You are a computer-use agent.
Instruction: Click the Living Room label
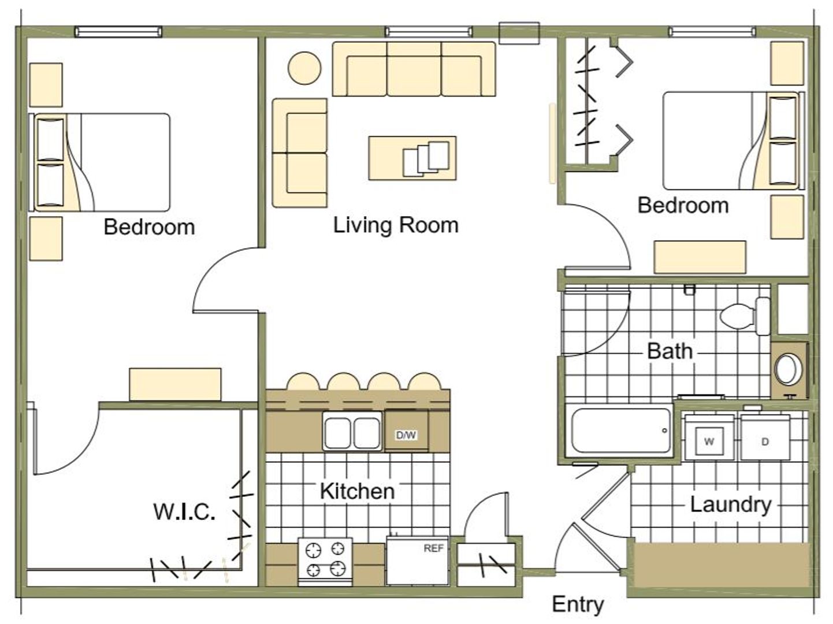tap(396, 225)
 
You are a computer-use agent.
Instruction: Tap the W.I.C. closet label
tap(184, 512)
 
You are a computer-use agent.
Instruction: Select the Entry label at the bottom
tap(578, 605)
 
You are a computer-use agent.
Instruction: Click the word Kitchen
tap(357, 491)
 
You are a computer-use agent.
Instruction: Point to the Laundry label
tap(731, 505)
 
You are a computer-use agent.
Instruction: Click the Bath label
tap(670, 351)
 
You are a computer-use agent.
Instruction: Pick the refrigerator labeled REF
tap(418, 561)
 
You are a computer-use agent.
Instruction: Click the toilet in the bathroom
tap(745, 317)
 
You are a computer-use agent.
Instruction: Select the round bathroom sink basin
tap(788, 369)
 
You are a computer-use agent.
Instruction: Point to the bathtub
tap(620, 431)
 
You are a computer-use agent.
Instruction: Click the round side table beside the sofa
tap(304, 68)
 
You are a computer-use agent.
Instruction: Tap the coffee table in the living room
tap(412, 158)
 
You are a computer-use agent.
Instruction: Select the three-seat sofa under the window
tap(414, 69)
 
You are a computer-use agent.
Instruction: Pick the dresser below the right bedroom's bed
tap(700, 257)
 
